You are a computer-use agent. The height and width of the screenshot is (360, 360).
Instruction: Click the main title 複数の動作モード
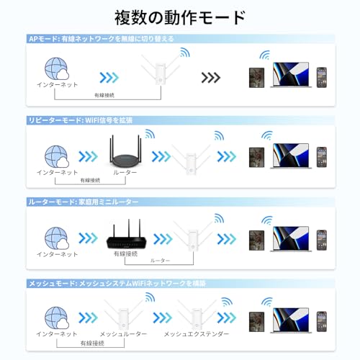coord(180,17)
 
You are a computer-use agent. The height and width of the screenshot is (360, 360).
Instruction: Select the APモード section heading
coord(102,39)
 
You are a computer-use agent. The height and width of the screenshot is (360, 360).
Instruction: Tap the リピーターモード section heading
coord(81,120)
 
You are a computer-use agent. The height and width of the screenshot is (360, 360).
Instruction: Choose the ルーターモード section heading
coord(84,202)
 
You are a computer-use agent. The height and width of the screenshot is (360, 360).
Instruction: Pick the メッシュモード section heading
coord(117,284)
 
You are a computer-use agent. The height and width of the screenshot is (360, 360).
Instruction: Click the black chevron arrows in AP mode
coord(211,78)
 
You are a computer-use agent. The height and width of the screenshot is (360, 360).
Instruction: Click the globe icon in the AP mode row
coord(57,68)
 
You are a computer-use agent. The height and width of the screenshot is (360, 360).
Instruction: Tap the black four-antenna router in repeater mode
coord(125,152)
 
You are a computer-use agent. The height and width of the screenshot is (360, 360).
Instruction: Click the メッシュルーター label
coord(123,334)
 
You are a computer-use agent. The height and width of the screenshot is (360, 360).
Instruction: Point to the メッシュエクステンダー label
coord(197,334)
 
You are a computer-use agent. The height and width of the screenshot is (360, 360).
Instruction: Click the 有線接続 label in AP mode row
coord(104,95)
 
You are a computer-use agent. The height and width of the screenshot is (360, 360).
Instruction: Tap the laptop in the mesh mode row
coord(291,320)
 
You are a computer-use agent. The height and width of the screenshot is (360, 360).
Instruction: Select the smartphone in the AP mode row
coord(322,77)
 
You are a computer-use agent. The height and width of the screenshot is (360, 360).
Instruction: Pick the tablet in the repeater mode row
coord(256,158)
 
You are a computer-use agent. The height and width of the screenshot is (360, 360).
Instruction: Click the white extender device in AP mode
coord(161,70)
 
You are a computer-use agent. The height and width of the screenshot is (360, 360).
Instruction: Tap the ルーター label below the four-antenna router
coord(125,172)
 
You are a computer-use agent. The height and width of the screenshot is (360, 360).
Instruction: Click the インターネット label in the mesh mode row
coord(57,334)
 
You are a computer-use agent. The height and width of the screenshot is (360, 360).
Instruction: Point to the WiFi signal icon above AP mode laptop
coord(265,55)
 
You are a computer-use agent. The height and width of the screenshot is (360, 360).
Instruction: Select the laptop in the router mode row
coord(291,239)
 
